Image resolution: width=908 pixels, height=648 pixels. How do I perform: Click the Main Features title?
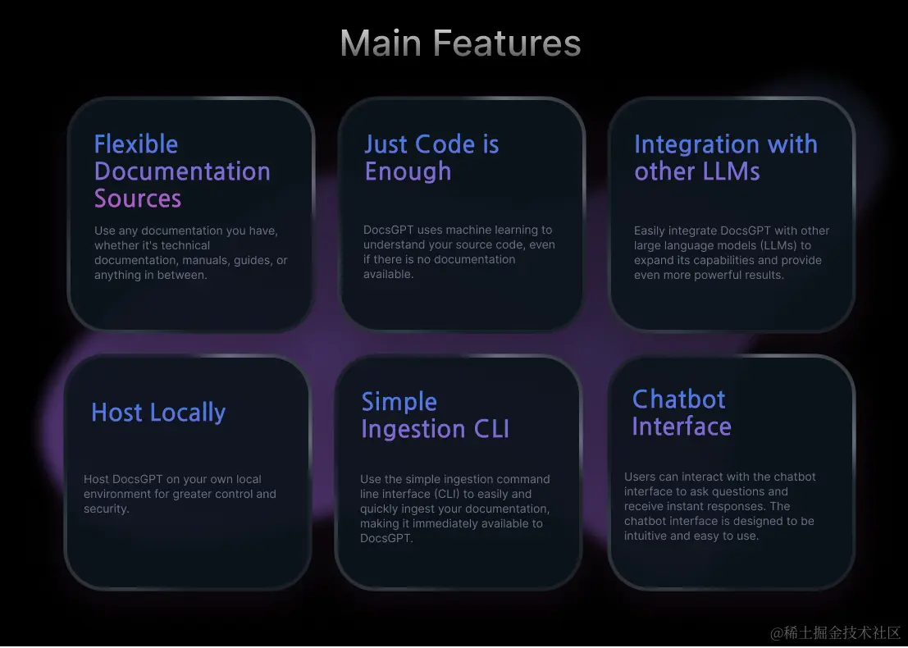click(460, 43)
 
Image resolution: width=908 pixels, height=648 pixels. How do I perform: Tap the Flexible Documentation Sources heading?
click(182, 171)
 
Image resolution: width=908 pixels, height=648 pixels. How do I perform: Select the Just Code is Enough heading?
click(431, 157)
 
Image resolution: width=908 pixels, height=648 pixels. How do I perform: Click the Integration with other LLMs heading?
click(725, 157)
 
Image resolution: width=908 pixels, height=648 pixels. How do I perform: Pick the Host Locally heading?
click(158, 413)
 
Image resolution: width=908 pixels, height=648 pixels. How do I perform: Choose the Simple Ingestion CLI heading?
click(435, 415)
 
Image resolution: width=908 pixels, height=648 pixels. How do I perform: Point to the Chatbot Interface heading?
click(681, 413)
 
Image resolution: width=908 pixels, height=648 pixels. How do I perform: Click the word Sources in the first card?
click(138, 199)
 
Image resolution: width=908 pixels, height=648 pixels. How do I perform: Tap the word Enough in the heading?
click(408, 171)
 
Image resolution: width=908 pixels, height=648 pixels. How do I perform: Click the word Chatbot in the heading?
click(679, 399)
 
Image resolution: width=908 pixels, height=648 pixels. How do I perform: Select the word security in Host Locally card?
click(107, 509)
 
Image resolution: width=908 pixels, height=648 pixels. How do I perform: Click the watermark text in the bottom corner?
click(835, 632)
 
